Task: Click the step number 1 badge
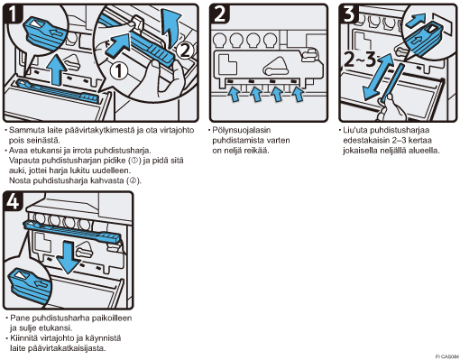[13, 14]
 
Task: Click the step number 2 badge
[219, 14]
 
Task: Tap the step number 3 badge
[349, 14]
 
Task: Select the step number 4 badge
[13, 201]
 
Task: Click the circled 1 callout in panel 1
[119, 71]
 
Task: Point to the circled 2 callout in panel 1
[184, 51]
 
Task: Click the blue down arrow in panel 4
[69, 257]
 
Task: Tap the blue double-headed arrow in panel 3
[379, 78]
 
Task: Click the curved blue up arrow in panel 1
[170, 27]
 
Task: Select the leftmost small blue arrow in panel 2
[234, 94]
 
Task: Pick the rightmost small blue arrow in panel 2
[298, 94]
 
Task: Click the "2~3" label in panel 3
[359, 60]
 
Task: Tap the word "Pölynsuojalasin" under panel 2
[242, 130]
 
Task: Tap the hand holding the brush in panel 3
[391, 108]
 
